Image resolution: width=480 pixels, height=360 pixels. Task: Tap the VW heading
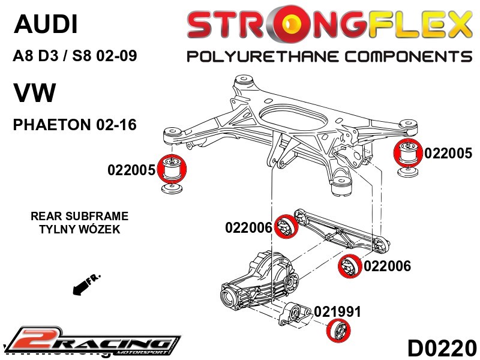click(34, 94)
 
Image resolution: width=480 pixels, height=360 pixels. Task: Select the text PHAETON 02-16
click(75, 125)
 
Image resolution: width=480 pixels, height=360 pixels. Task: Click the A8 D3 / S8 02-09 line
click(75, 57)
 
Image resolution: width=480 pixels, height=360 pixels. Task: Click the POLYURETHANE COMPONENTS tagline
click(329, 57)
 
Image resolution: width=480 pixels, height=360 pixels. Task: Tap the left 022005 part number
click(131, 170)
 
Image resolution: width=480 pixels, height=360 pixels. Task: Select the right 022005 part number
click(448, 153)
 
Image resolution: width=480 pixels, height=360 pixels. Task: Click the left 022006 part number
click(249, 228)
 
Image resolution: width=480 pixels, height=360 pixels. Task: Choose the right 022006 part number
click(387, 266)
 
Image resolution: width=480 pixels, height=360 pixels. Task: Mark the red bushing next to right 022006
click(349, 266)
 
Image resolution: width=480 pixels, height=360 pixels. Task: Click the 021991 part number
click(338, 311)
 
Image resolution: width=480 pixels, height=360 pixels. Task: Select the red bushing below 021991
click(340, 331)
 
